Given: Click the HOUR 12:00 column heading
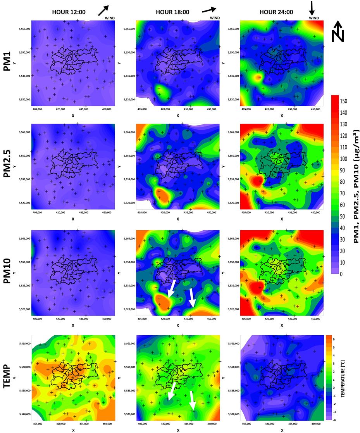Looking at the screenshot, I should click(x=69, y=12).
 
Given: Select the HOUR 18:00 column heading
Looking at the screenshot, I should click(x=172, y=12).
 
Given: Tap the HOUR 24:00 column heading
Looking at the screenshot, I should click(x=276, y=12).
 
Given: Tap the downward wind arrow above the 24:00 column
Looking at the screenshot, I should click(x=312, y=8).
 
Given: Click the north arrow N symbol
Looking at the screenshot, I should click(x=338, y=32).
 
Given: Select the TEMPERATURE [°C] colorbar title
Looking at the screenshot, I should click(x=343, y=378).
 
